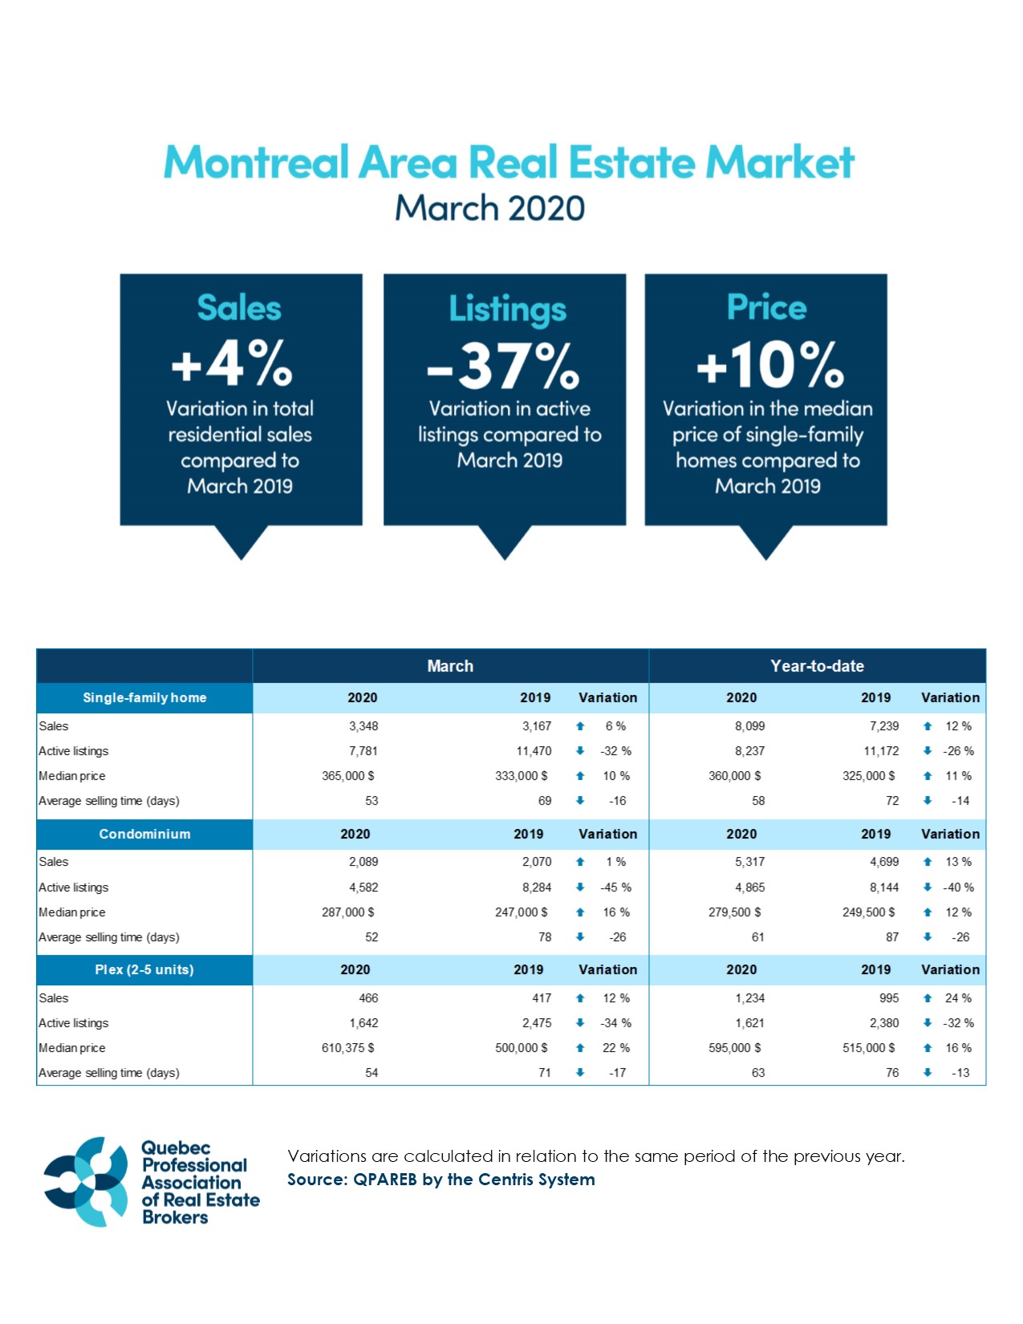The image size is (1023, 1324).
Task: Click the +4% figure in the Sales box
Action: click(232, 363)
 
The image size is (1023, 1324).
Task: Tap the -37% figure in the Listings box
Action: click(503, 366)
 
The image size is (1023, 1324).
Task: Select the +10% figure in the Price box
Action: click(769, 365)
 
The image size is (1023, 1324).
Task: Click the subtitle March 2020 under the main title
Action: click(489, 209)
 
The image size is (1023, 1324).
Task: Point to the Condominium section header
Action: click(144, 835)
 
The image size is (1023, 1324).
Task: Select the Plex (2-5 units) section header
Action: click(144, 970)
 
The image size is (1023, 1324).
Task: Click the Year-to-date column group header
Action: click(817, 666)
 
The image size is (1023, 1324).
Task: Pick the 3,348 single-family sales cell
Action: click(363, 726)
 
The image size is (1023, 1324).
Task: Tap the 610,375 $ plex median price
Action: click(347, 1048)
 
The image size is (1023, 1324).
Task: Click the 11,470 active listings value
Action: click(534, 751)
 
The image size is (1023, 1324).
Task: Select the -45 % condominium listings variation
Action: click(615, 887)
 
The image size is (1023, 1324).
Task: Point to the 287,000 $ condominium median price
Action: click(347, 912)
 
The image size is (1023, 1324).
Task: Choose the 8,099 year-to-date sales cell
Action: click(749, 726)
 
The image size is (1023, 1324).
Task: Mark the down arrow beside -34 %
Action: click(580, 1023)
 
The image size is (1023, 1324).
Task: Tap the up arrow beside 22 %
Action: click(580, 1048)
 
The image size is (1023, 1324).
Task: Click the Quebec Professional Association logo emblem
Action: click(86, 1182)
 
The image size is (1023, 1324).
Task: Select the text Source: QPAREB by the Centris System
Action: click(441, 1180)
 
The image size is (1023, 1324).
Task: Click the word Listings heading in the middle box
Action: click(507, 310)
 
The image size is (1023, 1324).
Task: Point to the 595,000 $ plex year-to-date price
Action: click(734, 1048)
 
